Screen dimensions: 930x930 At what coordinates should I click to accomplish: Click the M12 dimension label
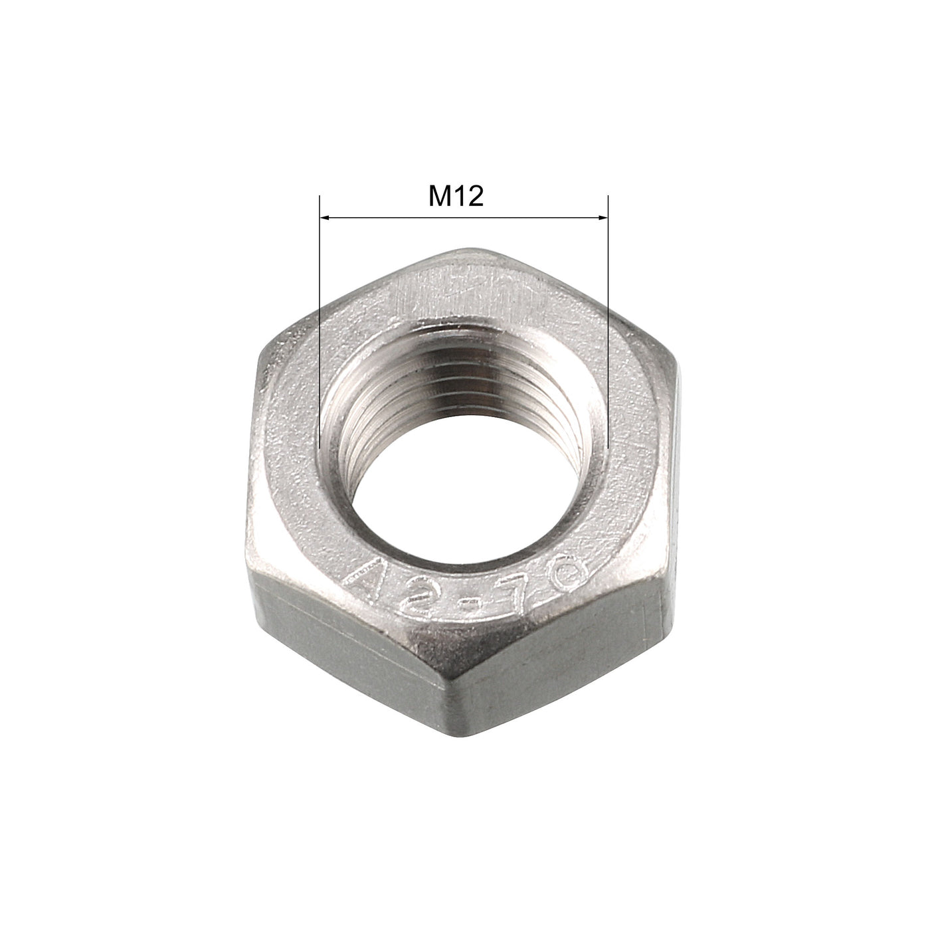tap(456, 197)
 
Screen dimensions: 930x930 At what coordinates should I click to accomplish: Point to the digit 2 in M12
tap(474, 197)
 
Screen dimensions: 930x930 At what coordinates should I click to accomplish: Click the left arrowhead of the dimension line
tap(325, 217)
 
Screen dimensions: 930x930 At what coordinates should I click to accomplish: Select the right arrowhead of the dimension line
tap(603, 217)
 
